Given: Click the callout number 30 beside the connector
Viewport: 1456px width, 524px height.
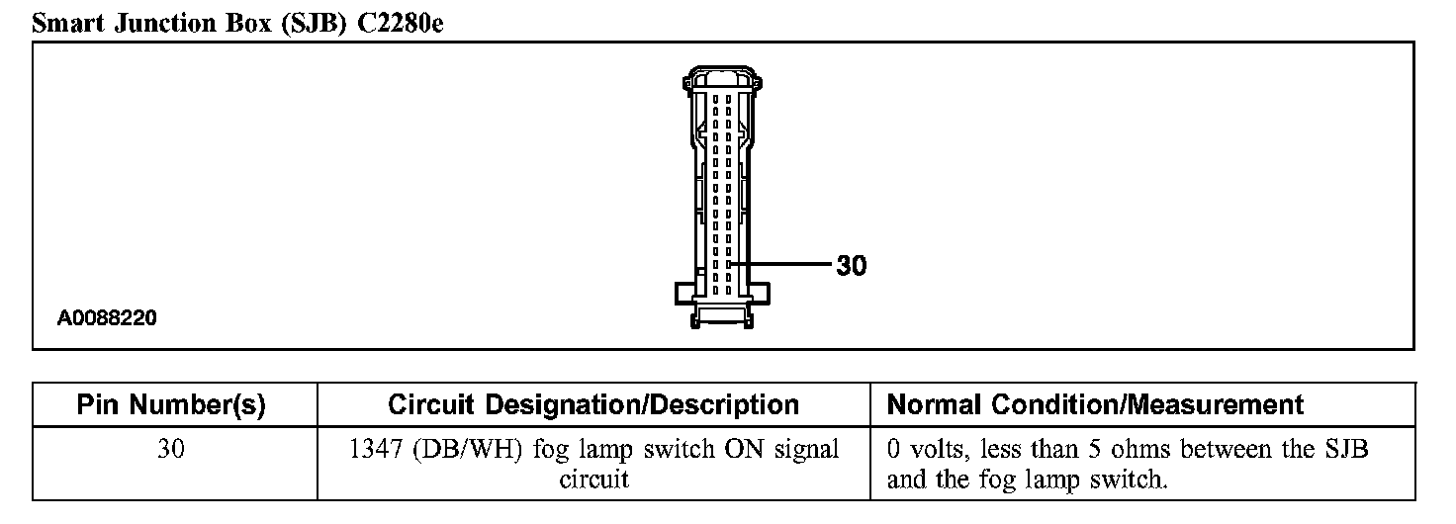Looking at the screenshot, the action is [x=851, y=265].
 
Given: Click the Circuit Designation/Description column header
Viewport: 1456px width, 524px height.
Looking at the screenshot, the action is [x=593, y=404].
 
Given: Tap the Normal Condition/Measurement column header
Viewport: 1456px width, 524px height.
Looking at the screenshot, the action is [x=1095, y=404].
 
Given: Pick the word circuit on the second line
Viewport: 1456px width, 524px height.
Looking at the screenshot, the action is [x=593, y=481].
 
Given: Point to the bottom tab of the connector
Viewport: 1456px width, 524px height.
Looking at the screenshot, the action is [x=722, y=316].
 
